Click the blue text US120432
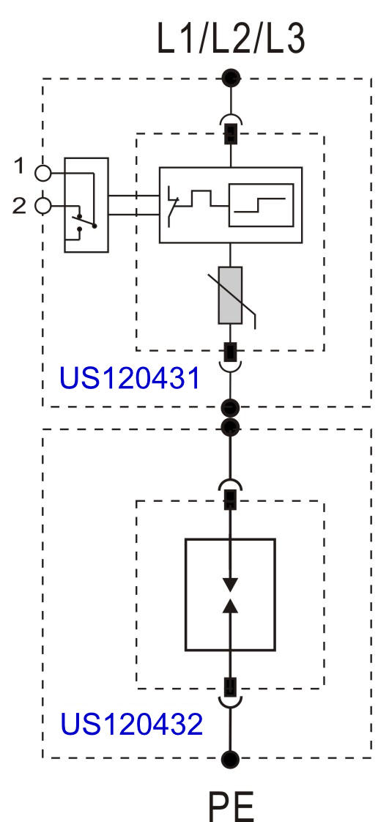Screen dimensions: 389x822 click(131, 724)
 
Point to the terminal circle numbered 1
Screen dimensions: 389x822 click(43, 172)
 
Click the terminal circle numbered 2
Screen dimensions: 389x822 click(43, 206)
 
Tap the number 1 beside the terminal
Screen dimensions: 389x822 click(19, 167)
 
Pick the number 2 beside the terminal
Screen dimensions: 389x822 click(19, 206)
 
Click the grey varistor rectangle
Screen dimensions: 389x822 click(230, 295)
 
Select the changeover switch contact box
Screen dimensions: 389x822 click(86, 205)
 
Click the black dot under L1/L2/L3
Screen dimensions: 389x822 click(231, 78)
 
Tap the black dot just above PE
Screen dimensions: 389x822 click(230, 758)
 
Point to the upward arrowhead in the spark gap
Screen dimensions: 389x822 click(230, 606)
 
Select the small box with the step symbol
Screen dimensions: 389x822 click(261, 205)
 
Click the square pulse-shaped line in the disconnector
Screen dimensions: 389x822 click(202, 200)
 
